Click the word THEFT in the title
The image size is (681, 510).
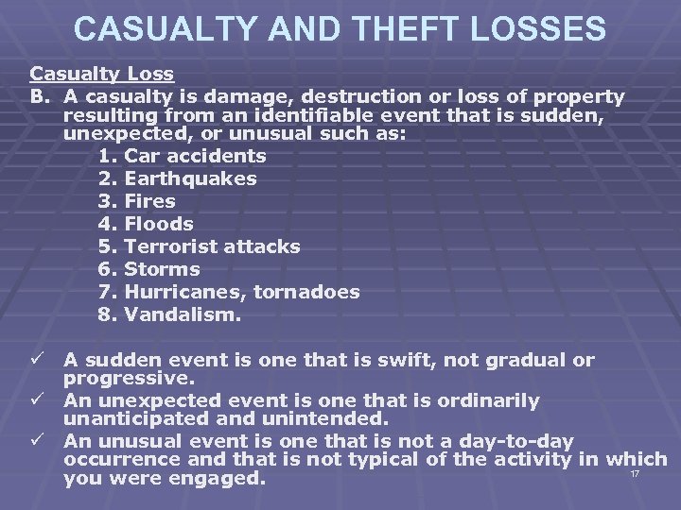(390, 28)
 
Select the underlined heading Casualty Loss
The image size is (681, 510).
(100, 73)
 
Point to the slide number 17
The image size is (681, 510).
(635, 473)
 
